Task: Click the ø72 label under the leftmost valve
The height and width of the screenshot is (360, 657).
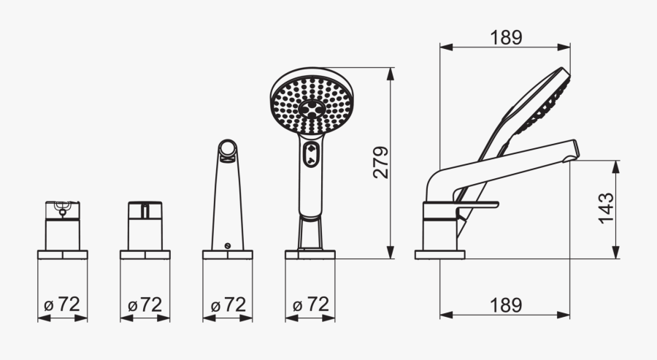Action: point(61,305)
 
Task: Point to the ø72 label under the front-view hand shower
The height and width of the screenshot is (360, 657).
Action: point(310,305)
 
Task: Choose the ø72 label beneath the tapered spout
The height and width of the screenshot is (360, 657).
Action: point(227,305)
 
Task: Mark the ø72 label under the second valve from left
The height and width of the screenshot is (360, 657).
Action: point(145,305)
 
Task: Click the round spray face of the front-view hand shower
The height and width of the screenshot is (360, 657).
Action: point(312,102)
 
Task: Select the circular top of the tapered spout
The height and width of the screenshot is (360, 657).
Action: point(228,150)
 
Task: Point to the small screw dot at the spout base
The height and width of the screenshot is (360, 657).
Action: point(228,245)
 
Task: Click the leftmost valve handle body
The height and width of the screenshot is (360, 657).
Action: point(62,226)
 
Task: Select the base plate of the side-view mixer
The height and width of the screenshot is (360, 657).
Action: point(439,255)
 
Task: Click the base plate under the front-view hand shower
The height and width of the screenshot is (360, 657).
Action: point(310,255)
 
